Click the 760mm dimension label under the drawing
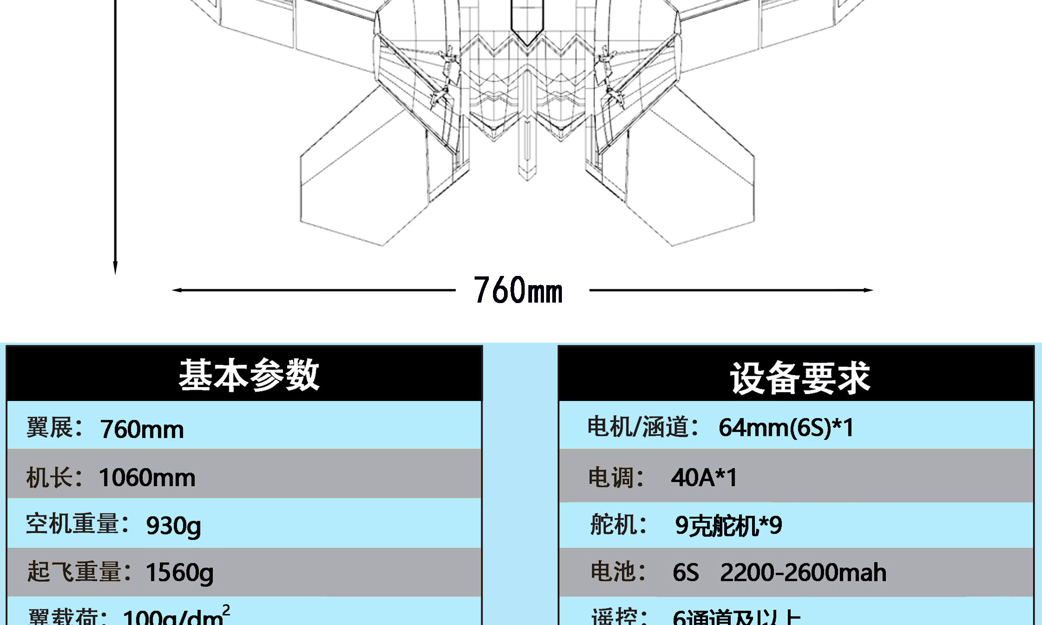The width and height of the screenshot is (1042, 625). coord(518,290)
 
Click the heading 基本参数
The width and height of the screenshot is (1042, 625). coord(249,375)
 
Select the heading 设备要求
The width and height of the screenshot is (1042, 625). coord(800,378)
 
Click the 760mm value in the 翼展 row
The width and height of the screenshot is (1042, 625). coord(142,429)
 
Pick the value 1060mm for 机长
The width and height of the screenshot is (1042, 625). coord(147,477)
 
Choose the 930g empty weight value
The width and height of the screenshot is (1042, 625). coord(173,526)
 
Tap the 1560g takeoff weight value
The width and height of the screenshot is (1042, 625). coord(179,573)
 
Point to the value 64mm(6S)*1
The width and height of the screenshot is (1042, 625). coord(786,427)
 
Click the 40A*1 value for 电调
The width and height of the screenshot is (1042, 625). coord(704,477)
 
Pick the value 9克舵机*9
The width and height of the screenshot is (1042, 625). coord(728,526)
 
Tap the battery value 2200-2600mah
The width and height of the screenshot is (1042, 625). coord(803,573)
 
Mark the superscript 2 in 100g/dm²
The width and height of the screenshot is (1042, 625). coord(226,610)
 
